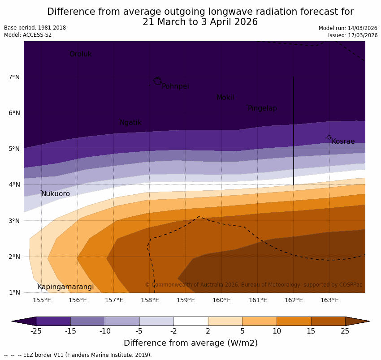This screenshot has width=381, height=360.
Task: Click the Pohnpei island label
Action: (175, 86)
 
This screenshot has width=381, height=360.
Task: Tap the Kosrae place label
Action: (343, 141)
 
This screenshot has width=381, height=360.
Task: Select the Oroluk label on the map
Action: (80, 54)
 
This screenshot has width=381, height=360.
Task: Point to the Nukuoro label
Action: (56, 194)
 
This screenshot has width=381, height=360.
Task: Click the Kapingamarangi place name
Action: (65, 287)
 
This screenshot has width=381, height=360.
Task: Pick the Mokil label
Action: (225, 98)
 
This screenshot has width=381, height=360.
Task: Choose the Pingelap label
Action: (262, 108)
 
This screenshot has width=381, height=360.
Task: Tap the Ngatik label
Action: (130, 123)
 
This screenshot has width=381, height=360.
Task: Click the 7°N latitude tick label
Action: (14, 77)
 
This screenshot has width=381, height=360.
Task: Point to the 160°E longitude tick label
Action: (221, 300)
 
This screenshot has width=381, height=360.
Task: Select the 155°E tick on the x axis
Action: (42, 300)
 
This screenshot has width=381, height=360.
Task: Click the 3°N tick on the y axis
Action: (14, 221)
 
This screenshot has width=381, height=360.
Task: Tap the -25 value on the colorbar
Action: (36, 331)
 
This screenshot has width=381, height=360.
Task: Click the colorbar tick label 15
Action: (311, 331)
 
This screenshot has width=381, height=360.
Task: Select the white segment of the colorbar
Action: (190, 321)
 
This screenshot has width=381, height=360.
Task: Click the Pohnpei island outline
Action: (157, 81)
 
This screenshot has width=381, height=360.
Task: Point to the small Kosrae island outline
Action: (329, 137)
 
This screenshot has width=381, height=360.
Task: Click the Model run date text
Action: (348, 28)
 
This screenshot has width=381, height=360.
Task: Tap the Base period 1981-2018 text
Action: (35, 28)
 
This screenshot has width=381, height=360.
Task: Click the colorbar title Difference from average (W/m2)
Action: (190, 343)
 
